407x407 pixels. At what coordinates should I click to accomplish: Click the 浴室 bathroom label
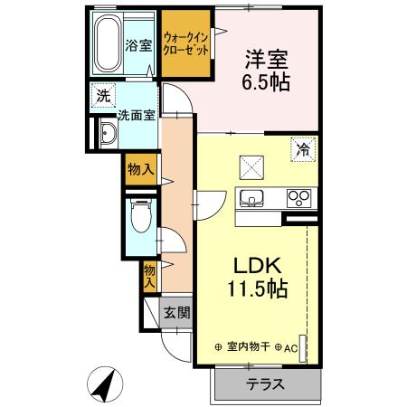coord(137,43)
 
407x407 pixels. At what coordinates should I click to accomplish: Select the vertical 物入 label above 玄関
coord(149,274)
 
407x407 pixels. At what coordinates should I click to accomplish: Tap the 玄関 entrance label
coord(175,313)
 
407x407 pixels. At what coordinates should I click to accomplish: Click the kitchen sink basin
coord(251,197)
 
